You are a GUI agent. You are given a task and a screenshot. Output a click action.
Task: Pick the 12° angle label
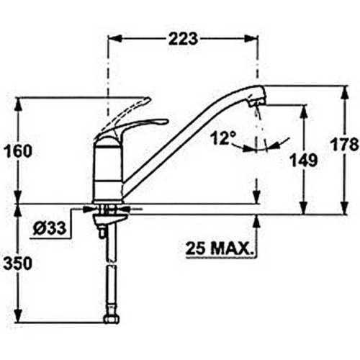222,138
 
